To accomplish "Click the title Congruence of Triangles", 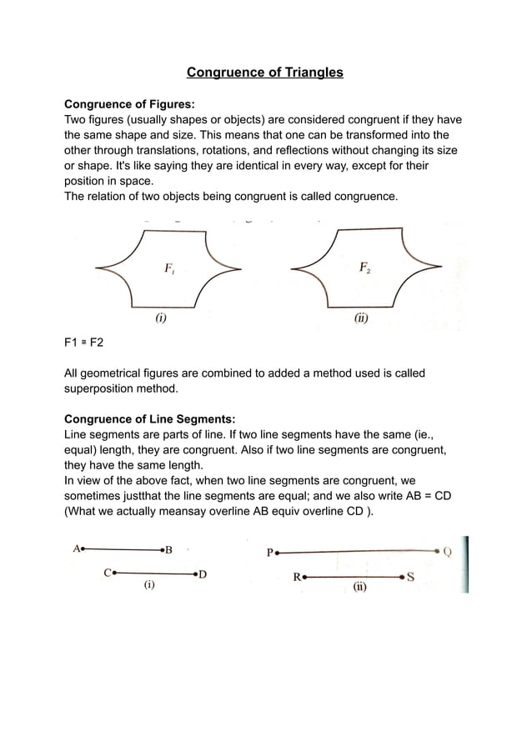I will [x=264, y=73].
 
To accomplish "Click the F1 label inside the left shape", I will [x=168, y=268].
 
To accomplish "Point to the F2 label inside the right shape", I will [x=364, y=268].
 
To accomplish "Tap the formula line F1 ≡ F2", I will [x=84, y=343].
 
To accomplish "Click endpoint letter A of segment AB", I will [x=77, y=548].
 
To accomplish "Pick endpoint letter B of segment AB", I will [x=169, y=550].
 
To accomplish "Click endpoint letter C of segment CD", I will [x=108, y=573].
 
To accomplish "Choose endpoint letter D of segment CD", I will [x=203, y=574].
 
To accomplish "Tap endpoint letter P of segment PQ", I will [x=269, y=552].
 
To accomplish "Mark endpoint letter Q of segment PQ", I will [x=448, y=551].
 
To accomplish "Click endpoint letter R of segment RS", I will [x=297, y=576].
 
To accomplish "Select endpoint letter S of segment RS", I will [x=411, y=576].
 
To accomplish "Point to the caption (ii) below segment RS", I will [x=359, y=587].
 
